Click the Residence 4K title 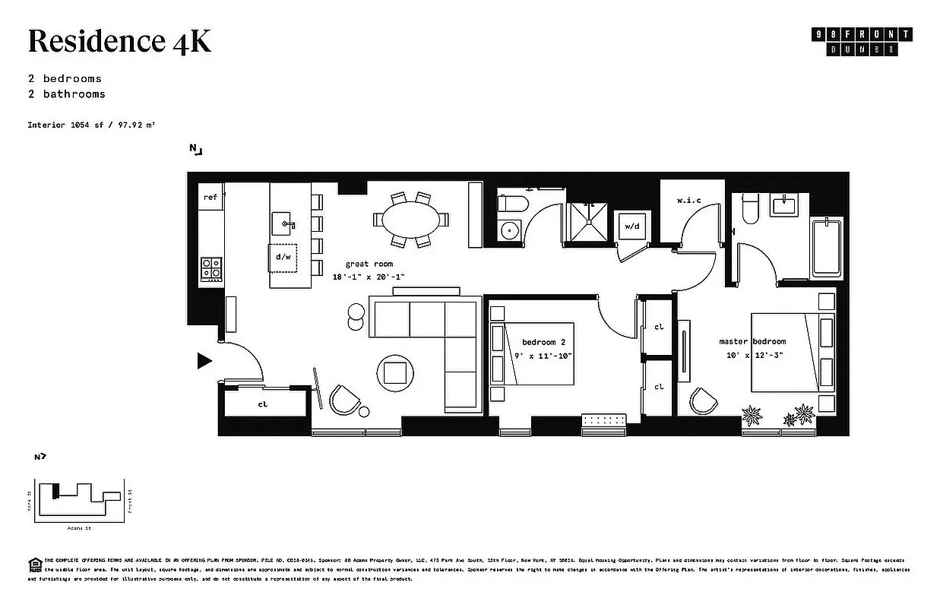[119, 41]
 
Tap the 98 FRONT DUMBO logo [861, 41]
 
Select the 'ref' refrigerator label [210, 198]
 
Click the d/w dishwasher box [283, 257]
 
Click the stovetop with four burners [211, 268]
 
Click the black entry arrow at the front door [204, 361]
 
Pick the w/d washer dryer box [631, 226]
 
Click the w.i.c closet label [688, 201]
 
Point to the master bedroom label [752, 341]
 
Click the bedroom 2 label [543, 343]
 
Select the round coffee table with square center [395, 372]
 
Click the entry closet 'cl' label [263, 404]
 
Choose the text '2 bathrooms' [66, 94]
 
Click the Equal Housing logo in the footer [34, 563]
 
